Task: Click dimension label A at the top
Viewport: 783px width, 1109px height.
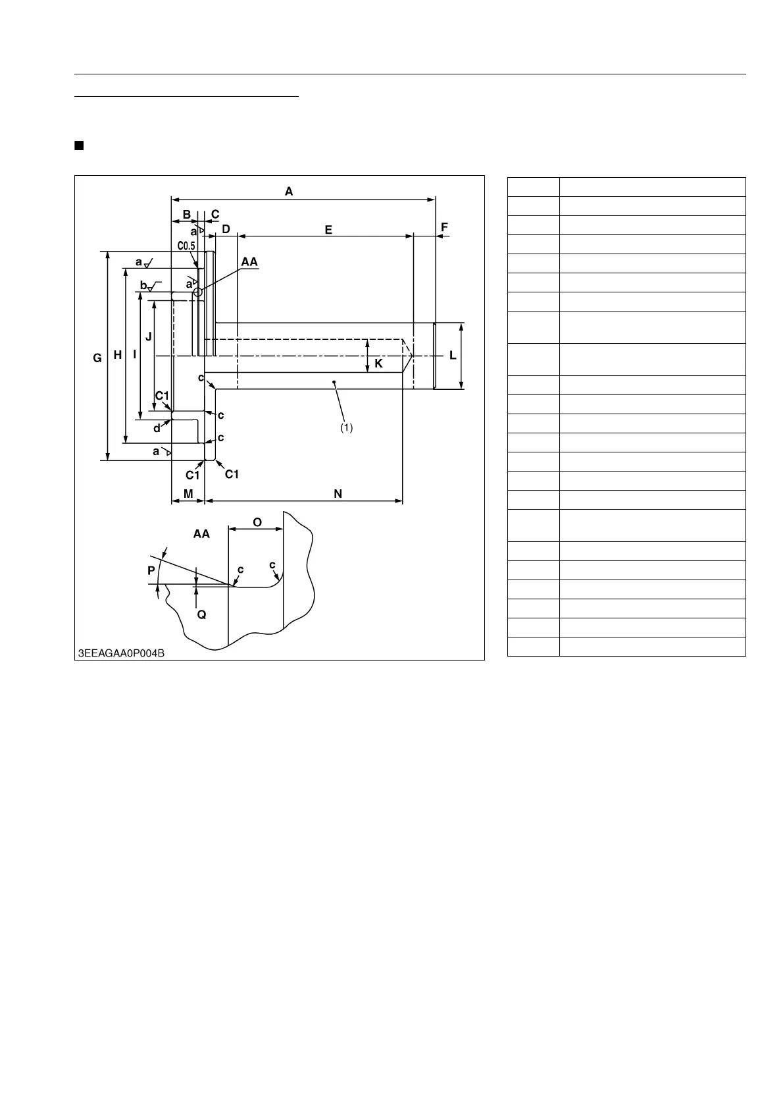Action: pos(289,192)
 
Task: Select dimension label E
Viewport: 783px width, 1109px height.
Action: pos(328,230)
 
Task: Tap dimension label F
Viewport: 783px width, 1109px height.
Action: pos(444,227)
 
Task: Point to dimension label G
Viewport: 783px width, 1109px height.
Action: pos(97,358)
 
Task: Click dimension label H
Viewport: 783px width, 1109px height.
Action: pos(117,355)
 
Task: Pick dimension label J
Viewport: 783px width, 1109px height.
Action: pos(149,336)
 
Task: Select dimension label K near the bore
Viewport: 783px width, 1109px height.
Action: pos(378,363)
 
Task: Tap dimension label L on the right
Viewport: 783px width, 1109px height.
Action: pos(453,356)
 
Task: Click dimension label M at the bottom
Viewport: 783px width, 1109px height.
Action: pos(188,493)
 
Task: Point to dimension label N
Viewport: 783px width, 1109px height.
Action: pos(338,493)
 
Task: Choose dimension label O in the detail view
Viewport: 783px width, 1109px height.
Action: pos(257,522)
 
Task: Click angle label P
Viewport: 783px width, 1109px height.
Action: pos(151,571)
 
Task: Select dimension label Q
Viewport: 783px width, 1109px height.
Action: pos(201,614)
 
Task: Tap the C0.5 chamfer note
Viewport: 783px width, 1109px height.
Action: pos(186,246)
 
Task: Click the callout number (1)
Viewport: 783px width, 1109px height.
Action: pos(346,427)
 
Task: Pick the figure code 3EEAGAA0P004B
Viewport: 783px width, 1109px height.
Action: pos(121,653)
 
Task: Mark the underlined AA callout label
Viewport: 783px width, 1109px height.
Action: pos(249,262)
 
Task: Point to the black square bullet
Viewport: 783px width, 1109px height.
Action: pos(79,145)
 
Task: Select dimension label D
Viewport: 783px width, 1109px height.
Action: pos(226,229)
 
